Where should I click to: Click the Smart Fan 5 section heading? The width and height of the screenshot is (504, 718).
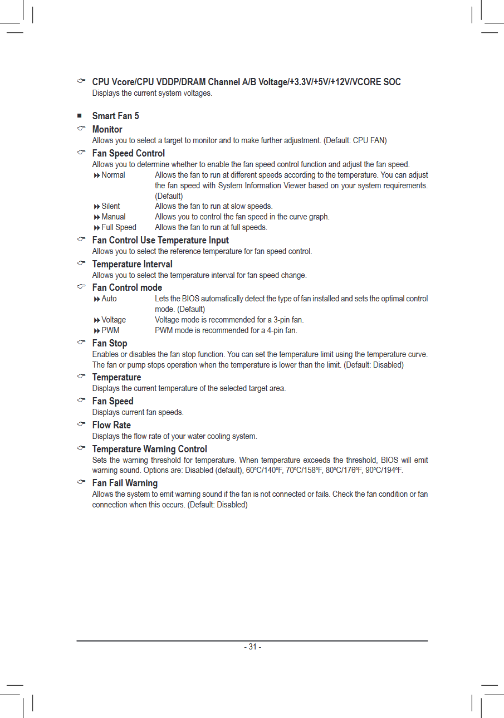[x=115, y=116]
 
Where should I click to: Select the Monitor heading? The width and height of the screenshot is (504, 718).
[x=107, y=129]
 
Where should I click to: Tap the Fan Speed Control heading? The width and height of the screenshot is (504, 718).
[x=128, y=153]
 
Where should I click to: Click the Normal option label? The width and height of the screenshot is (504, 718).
[x=113, y=175]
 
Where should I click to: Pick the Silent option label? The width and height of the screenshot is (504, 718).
[x=110, y=206]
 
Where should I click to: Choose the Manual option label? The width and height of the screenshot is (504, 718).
[x=113, y=217]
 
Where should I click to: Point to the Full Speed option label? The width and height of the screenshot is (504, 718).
[x=119, y=227]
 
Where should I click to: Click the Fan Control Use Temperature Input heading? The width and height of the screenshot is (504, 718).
[x=160, y=240]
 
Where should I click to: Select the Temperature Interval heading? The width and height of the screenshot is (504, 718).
[x=132, y=264]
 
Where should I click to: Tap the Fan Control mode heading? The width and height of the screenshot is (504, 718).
[x=127, y=287]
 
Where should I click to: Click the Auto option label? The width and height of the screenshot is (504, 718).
[x=109, y=299]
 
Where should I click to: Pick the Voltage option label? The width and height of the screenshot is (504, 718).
[x=114, y=320]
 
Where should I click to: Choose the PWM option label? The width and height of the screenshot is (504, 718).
[x=110, y=330]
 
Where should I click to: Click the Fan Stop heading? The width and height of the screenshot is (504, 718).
[x=109, y=343]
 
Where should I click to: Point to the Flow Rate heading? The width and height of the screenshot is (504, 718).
[x=111, y=425]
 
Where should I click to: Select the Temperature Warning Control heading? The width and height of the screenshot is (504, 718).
[x=149, y=449]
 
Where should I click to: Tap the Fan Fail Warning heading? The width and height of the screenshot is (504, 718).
[x=125, y=483]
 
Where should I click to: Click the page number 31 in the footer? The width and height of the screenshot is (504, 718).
[x=252, y=647]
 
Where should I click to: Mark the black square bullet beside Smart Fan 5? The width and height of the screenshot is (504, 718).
[x=80, y=116]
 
